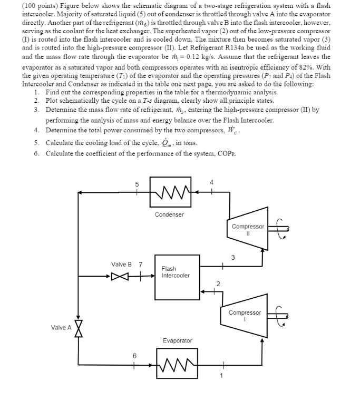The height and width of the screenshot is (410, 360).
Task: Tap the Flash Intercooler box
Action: [x=177, y=272]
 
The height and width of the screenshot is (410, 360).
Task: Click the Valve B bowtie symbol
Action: [x=120, y=276]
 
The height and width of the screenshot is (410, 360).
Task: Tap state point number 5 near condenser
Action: [x=137, y=184]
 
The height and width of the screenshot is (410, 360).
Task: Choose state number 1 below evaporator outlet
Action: [x=221, y=375]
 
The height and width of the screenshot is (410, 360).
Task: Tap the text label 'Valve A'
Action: [x=61, y=328]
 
